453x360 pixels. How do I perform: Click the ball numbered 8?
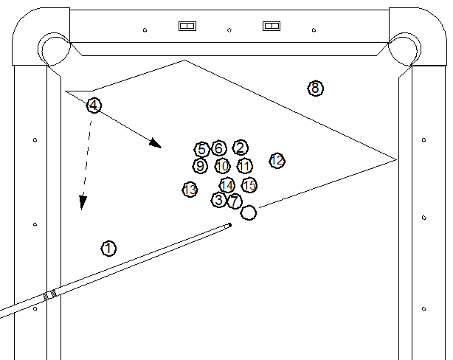tap(315, 89)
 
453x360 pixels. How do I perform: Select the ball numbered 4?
tap(94, 105)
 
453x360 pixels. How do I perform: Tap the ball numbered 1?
tap(108, 248)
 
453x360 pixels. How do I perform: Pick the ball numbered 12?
tap(277, 160)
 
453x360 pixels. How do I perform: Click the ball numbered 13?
tap(190, 190)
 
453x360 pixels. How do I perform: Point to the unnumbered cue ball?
tap(249, 212)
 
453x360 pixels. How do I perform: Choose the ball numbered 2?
tap(240, 148)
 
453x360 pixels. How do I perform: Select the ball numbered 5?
tap(201, 149)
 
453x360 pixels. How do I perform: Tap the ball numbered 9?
tap(200, 166)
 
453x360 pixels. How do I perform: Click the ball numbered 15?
tap(249, 184)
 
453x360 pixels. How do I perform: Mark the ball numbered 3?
tap(218, 199)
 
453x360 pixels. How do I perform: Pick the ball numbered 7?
tap(234, 201)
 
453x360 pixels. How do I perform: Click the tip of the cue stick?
tap(229, 224)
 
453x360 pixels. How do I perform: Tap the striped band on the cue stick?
tap(50, 294)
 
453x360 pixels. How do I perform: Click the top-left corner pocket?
tap(53, 48)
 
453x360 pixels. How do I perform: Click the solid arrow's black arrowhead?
tap(154, 143)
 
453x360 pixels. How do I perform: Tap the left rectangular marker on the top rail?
tap(187, 26)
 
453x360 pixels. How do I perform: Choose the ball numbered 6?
tap(218, 149)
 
